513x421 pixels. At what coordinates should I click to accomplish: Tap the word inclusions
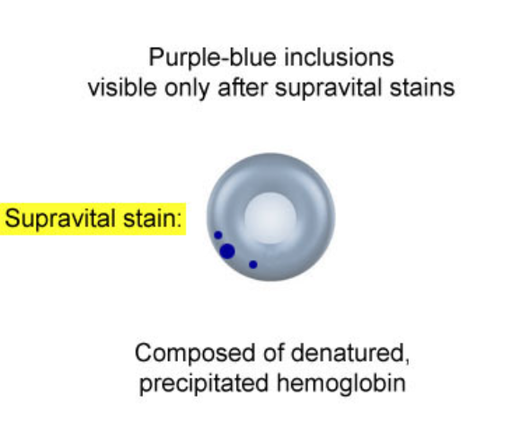(339, 57)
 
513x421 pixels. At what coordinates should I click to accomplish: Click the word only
(187, 88)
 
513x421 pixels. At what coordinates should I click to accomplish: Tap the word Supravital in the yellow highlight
(61, 219)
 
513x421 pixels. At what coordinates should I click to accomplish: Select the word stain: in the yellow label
(153, 219)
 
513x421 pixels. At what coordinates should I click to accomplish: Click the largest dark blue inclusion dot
(227, 252)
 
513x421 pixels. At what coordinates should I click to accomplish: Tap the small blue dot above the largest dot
(218, 235)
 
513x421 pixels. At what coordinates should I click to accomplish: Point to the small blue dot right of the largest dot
(252, 264)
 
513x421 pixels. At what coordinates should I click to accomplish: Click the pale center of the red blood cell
(270, 218)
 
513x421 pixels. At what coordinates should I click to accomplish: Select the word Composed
(195, 354)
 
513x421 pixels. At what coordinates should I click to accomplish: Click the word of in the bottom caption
(273, 353)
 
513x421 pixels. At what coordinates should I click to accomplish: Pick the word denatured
(348, 353)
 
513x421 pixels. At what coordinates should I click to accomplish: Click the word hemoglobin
(341, 383)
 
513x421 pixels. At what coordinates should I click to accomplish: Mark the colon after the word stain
(179, 219)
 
